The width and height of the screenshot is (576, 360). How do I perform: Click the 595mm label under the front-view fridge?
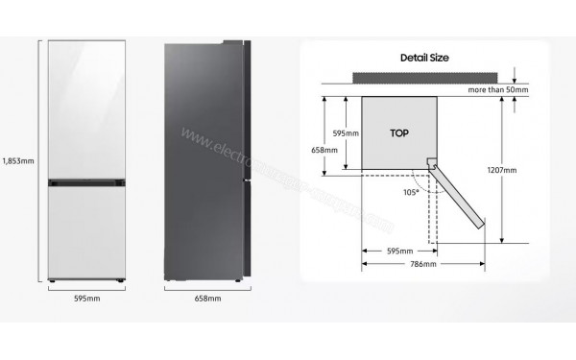click(86, 300)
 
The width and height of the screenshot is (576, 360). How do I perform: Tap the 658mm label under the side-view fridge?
click(206, 300)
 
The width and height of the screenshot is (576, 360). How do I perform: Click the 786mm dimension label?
click(422, 264)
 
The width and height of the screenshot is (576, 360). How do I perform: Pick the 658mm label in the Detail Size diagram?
click(324, 150)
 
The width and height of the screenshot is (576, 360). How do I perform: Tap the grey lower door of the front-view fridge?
click(86, 230)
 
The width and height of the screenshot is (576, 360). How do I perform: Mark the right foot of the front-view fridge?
click(120, 281)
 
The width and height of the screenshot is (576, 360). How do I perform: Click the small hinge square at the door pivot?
click(431, 164)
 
